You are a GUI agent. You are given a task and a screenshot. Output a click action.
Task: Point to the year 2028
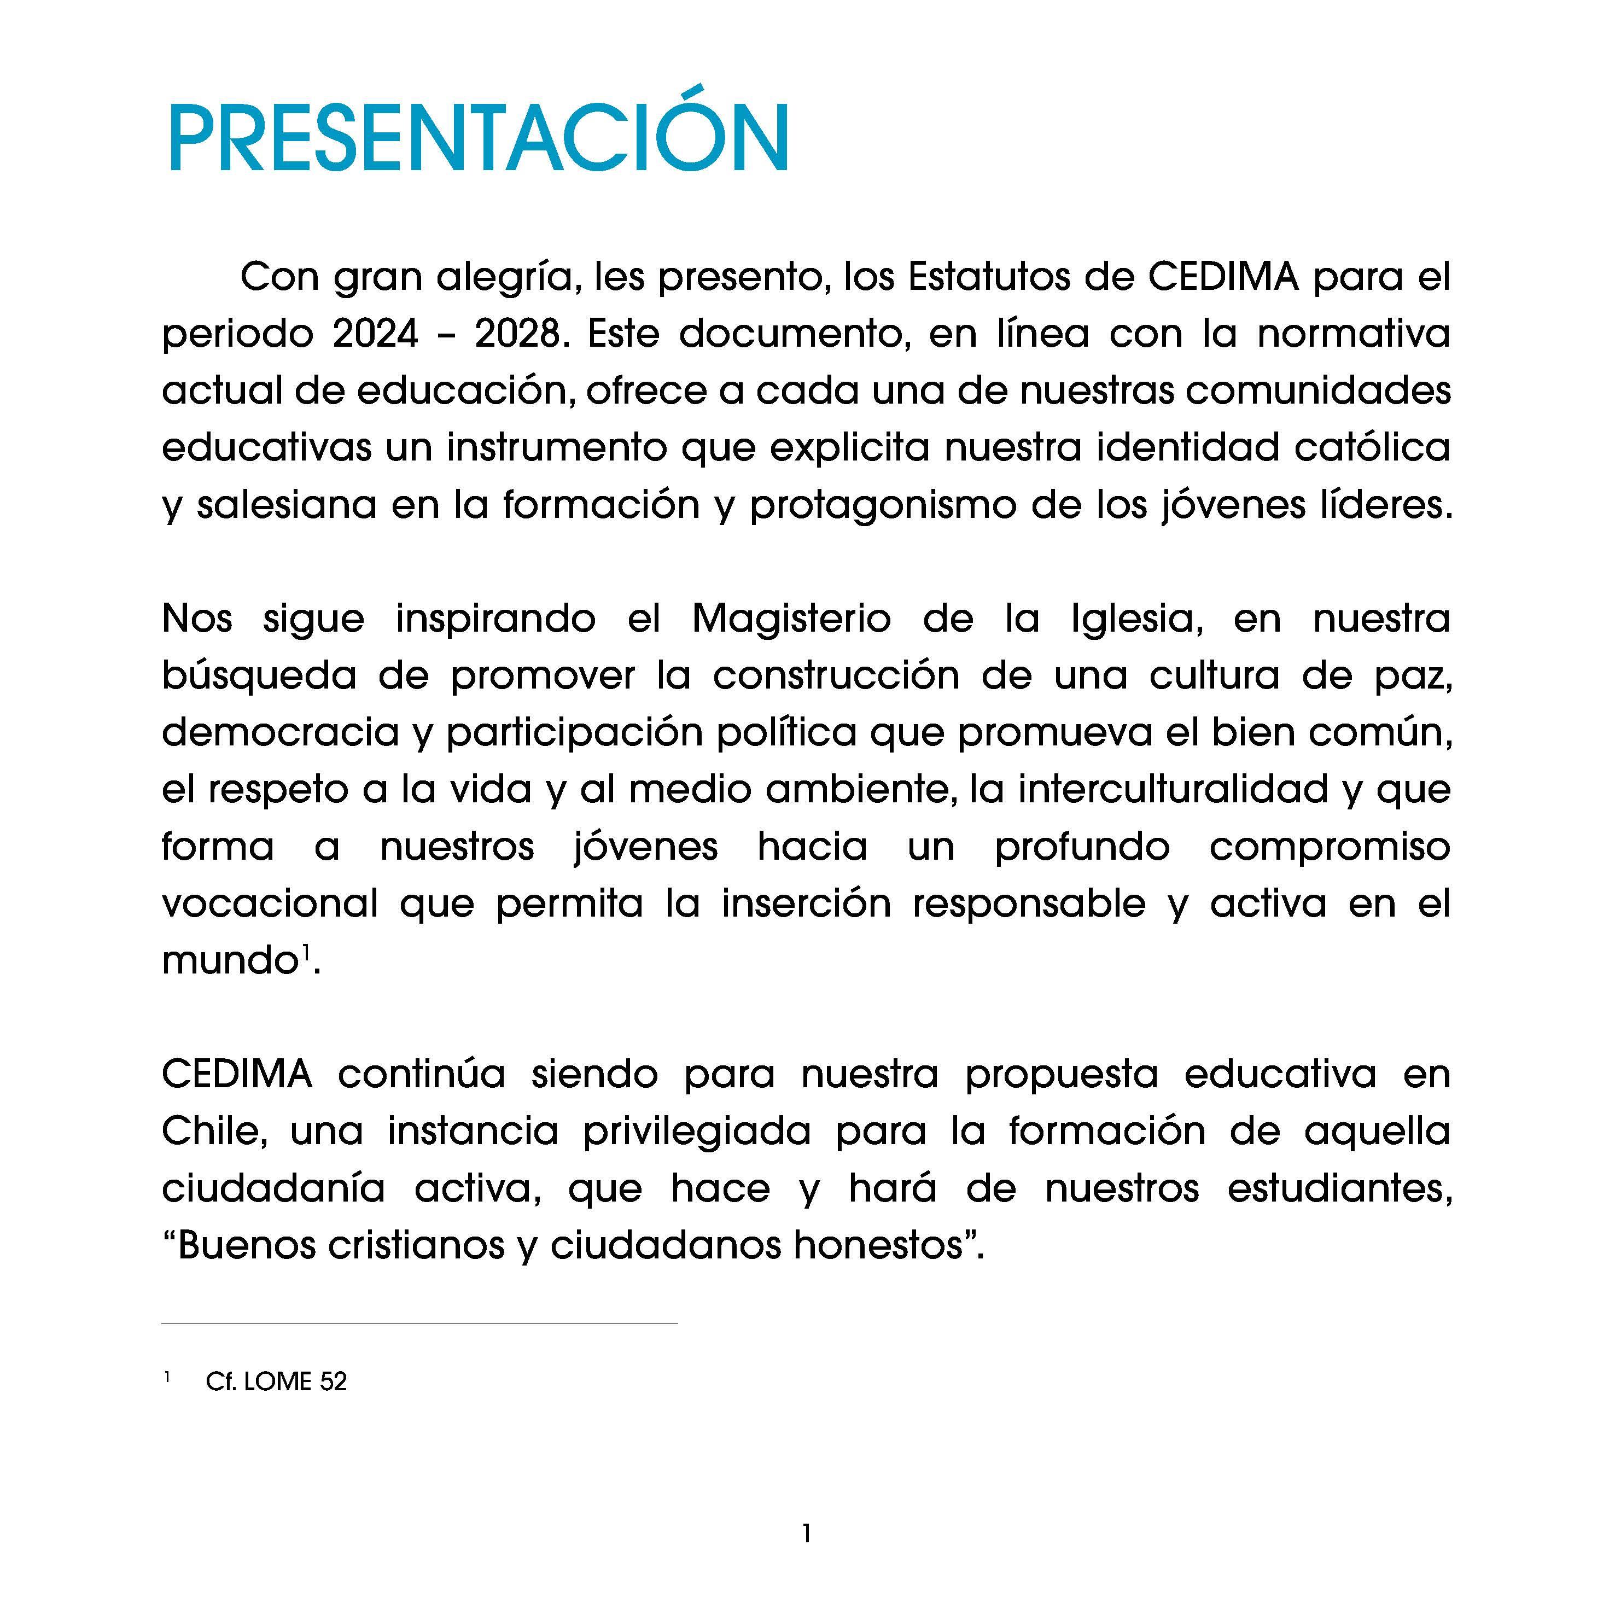click(517, 334)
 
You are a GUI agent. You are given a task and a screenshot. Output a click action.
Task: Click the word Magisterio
click(791, 619)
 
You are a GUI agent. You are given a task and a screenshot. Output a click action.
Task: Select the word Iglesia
click(1141, 619)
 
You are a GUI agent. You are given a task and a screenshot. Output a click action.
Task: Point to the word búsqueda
click(259, 675)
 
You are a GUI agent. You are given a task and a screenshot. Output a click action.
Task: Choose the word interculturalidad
click(1173, 789)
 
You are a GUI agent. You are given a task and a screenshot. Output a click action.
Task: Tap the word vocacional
click(270, 903)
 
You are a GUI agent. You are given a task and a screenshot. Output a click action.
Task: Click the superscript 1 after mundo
click(306, 951)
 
